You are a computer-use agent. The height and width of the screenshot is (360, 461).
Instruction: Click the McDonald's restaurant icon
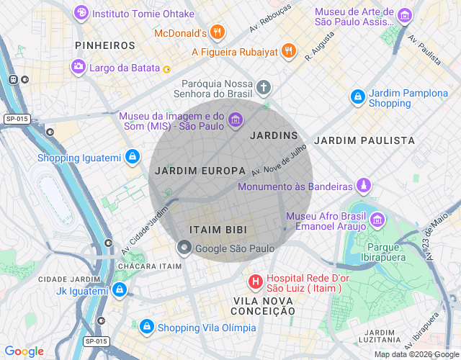pos(219,32)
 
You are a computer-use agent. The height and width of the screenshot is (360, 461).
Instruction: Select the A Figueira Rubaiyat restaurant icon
pos(288,50)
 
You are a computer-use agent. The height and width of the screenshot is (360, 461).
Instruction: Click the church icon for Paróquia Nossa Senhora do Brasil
pos(264,89)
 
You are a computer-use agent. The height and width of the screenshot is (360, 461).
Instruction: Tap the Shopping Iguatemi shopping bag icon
pos(132,156)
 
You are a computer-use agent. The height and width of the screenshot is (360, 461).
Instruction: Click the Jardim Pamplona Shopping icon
pos(357,96)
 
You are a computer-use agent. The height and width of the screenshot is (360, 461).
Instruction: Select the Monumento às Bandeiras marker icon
pos(364,186)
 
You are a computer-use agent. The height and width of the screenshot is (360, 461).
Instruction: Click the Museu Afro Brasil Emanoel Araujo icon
pos(377,220)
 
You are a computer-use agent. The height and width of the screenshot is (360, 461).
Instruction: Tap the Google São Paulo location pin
pos(184,248)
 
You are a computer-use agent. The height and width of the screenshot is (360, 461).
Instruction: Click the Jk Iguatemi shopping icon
pos(120,290)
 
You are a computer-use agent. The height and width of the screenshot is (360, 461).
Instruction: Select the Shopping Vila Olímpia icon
pos(147,327)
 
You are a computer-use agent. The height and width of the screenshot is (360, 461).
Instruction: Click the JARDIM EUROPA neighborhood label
pos(200,171)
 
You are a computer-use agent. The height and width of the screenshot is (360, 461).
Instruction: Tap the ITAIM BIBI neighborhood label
pos(218,229)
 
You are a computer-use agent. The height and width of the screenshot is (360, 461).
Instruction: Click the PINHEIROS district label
pos(105,45)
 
